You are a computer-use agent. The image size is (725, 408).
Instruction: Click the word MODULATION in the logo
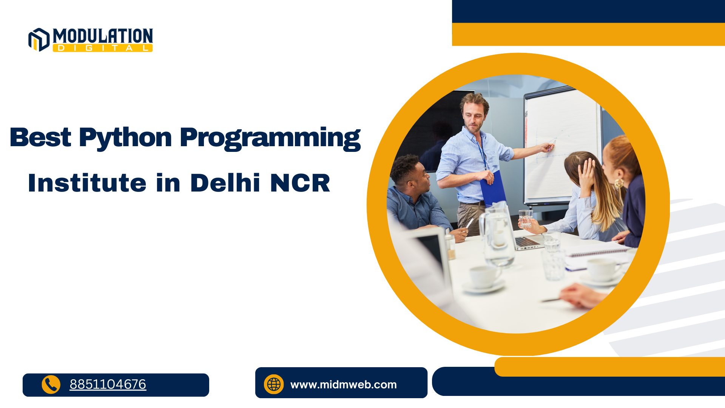point(103,36)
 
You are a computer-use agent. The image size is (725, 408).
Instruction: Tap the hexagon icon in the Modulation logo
point(39,39)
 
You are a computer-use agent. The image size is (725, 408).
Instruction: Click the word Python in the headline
point(125,138)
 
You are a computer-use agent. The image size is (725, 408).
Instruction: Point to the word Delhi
point(225,183)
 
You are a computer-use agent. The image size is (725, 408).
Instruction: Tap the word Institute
point(87,183)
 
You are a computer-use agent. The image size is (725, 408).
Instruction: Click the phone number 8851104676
point(108,384)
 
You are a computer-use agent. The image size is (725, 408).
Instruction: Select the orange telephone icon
point(51,385)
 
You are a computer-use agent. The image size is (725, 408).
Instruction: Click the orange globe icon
point(274,384)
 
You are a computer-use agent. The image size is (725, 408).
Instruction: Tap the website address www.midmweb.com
point(344,385)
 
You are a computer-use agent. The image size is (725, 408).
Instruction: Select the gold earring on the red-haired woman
point(619,184)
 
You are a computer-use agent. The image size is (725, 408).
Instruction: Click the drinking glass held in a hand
point(525,218)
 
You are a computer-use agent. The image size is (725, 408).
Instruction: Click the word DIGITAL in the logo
point(103,48)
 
